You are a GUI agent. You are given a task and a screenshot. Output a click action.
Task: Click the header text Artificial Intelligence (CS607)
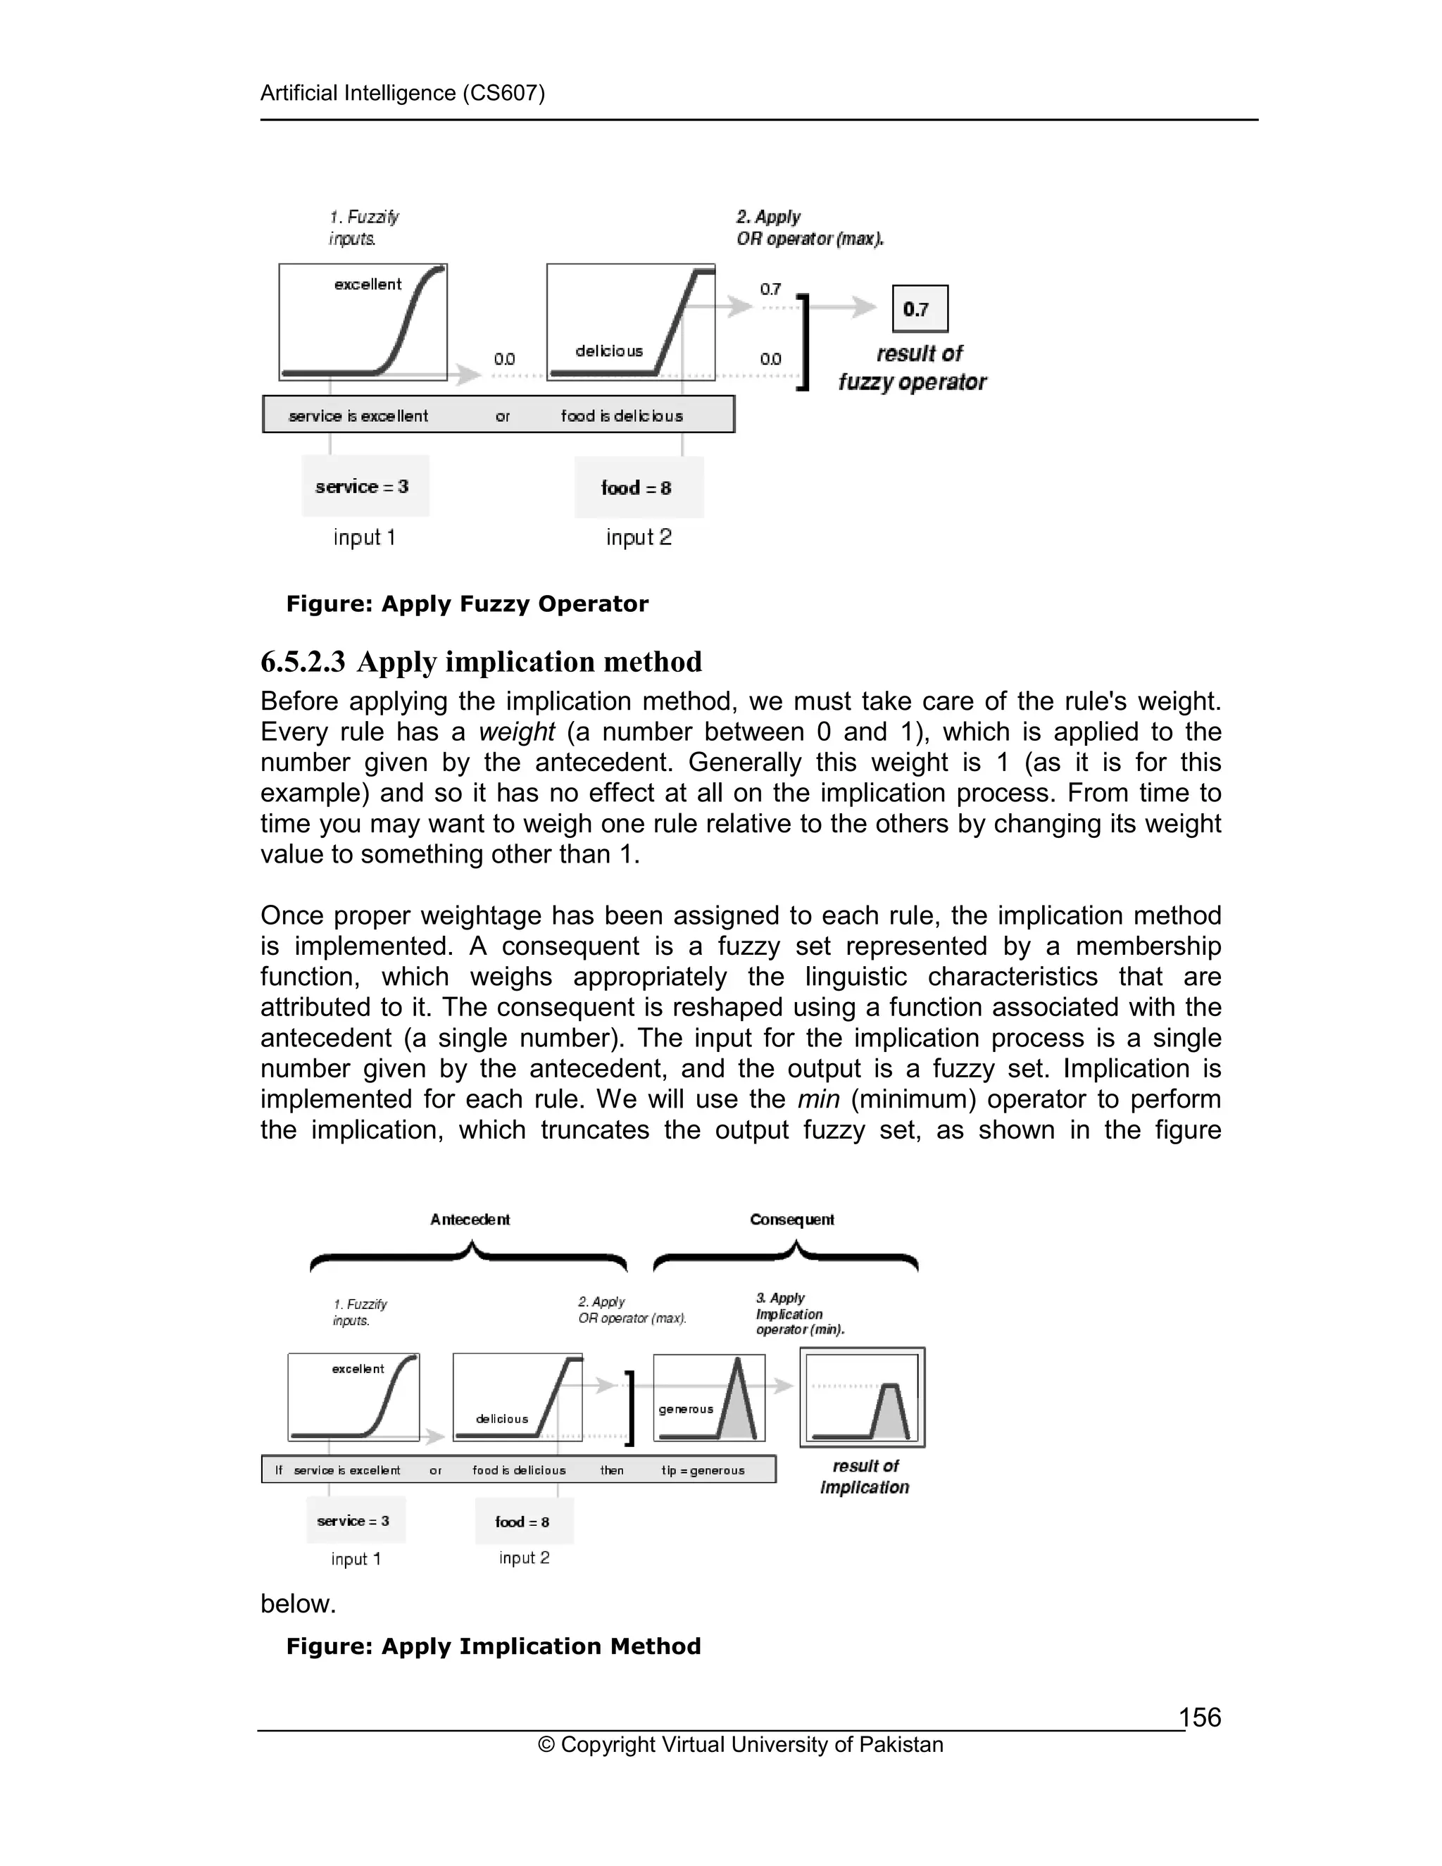tap(402, 93)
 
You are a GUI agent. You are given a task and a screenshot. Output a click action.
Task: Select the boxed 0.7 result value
tap(919, 308)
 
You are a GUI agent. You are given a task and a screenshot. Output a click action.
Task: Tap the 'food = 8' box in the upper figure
tap(638, 488)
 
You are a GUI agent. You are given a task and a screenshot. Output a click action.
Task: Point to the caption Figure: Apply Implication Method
tap(493, 1646)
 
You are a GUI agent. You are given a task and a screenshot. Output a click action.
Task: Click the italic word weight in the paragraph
tap(516, 732)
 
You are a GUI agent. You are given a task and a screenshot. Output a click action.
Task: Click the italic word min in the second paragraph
tap(817, 1100)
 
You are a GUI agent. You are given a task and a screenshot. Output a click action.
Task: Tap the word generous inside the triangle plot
tap(685, 1409)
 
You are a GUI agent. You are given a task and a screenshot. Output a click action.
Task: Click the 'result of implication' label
tap(865, 1477)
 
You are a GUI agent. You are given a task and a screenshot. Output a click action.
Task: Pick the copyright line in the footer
tap(740, 1745)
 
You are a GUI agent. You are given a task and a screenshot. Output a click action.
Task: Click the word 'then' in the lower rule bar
tap(612, 1470)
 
